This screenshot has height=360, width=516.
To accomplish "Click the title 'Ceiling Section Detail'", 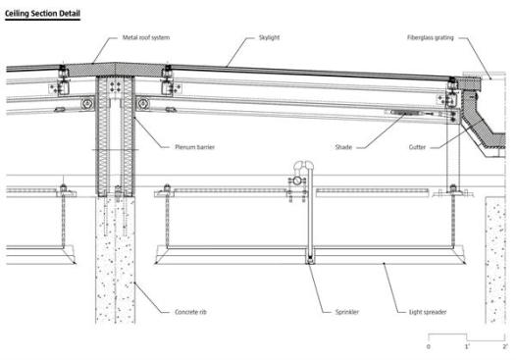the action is (42, 14).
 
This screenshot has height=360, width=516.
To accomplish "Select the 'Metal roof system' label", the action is (146, 37).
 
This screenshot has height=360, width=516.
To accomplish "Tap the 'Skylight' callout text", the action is (269, 37).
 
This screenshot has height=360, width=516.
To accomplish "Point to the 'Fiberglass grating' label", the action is (430, 37).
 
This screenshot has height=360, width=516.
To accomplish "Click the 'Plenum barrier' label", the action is (194, 147).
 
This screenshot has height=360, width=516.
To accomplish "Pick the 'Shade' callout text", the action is (343, 147).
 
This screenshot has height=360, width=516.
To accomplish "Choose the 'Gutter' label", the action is (417, 147).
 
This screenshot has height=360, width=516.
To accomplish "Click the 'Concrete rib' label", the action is (190, 312).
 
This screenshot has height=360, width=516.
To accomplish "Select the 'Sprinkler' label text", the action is (347, 312).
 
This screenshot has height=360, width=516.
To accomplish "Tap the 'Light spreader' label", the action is (428, 312).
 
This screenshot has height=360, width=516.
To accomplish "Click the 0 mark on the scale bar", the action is (428, 346).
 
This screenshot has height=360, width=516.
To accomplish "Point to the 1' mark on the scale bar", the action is (467, 346).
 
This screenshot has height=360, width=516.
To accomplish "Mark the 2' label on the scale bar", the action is (505, 346).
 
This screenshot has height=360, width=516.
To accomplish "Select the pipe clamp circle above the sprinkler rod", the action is (297, 180).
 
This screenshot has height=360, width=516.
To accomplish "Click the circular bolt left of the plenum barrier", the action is (87, 104).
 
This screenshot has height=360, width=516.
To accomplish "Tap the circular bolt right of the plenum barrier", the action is (143, 104).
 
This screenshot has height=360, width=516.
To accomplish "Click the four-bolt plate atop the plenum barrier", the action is (115, 87).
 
